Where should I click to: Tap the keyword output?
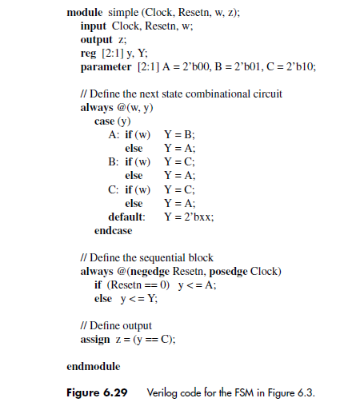click(96, 39)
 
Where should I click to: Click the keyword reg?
click(88, 53)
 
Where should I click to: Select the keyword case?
click(104, 121)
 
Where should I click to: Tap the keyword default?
click(126, 217)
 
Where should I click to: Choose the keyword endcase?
click(113, 230)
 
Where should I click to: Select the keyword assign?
click(96, 339)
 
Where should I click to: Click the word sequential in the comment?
click(168, 257)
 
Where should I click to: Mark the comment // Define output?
click(117, 325)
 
